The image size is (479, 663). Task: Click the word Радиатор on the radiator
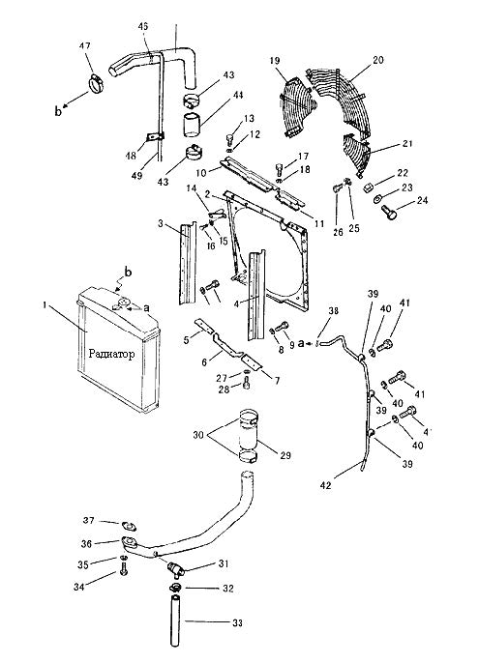pos(112,354)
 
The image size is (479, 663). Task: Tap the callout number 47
pos(85,45)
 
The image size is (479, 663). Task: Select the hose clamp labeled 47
pos(97,82)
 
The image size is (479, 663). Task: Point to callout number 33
pos(237,622)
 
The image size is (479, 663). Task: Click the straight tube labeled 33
pos(176,620)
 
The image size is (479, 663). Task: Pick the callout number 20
pos(377,60)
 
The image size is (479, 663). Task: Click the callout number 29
pos(285,455)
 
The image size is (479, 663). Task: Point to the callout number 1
pos(45,304)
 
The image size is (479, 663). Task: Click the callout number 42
pos(326,486)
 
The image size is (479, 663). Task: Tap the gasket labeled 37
pos(129,526)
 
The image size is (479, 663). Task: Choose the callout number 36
pos(86,543)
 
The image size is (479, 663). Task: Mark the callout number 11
pos(318,224)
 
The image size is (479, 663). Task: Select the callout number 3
pos(161,223)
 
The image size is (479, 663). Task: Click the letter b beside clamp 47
pos(58,112)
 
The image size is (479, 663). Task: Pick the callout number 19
pos(275,61)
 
